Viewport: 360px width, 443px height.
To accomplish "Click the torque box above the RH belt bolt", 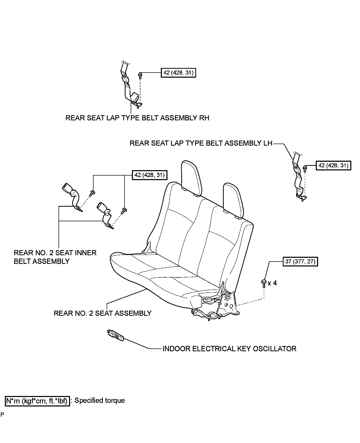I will point(178,73).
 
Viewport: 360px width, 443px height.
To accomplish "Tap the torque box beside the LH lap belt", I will point(333,166).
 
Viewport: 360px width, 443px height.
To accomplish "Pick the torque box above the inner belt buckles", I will point(149,175).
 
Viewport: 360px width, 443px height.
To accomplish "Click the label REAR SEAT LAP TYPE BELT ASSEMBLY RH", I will point(137,118).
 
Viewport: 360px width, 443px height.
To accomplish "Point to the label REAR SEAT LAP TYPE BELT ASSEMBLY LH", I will point(201,143).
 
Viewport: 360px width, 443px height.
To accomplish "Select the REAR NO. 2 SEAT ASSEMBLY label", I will point(103,313).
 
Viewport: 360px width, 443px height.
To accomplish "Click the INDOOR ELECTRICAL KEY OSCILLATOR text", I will point(229,349).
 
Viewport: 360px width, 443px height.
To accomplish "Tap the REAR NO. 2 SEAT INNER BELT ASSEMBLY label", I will point(55,257).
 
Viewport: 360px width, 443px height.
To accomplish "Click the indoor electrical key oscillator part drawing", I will point(116,335).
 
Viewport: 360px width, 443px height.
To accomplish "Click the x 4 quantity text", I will point(273,283).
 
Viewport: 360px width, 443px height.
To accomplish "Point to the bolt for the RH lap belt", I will point(140,75).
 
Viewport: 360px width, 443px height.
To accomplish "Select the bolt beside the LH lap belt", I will point(305,169).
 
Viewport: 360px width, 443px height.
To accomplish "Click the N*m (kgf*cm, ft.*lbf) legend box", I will point(37,401).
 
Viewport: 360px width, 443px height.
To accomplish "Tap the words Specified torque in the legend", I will point(99,400).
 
